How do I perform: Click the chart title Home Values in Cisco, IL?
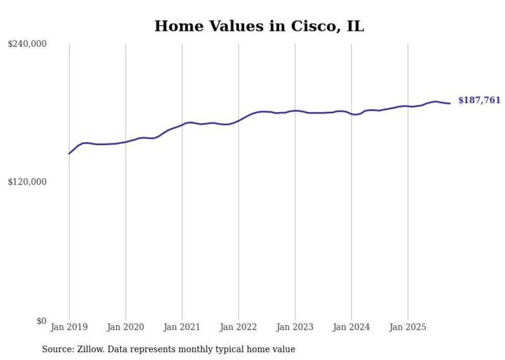click(259, 26)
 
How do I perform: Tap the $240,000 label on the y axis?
click(27, 44)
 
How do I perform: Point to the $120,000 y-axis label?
click(27, 182)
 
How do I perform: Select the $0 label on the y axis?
click(41, 321)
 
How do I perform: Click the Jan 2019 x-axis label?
click(69, 327)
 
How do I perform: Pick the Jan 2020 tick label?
click(125, 327)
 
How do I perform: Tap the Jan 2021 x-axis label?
click(182, 327)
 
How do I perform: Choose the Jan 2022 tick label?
click(238, 327)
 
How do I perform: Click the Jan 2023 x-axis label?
click(295, 327)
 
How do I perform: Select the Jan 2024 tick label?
click(351, 327)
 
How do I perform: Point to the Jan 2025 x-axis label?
click(408, 327)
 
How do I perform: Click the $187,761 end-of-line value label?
click(479, 100)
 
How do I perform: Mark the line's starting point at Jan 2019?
click(69, 153)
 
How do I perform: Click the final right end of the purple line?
click(450, 104)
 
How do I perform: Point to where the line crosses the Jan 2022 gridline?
click(238, 121)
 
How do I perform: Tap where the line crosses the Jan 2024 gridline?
click(351, 113)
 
